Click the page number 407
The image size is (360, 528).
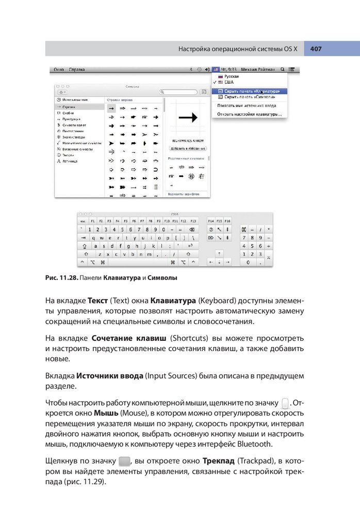(x=316, y=49)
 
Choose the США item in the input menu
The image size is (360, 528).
(x=228, y=82)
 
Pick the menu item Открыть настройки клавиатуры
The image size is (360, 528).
(x=249, y=114)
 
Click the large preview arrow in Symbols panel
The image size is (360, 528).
(x=188, y=118)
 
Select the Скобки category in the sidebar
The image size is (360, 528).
(x=69, y=112)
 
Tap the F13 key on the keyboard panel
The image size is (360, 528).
(x=193, y=221)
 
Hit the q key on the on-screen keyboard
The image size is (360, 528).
(x=93, y=238)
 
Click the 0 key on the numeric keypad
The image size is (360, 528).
(x=249, y=262)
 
